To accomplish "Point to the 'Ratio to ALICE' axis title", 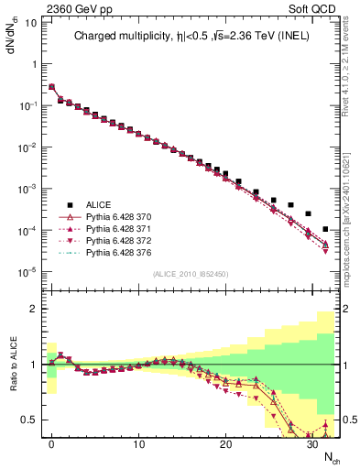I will [x=14, y=365].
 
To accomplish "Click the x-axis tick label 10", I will [x=138, y=443].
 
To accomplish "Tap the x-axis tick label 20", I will [x=225, y=443].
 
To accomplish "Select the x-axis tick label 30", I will [x=312, y=443].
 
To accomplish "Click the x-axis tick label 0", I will [x=51, y=443].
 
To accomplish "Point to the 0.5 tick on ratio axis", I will [x=32, y=420].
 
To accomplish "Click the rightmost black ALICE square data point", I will [x=325, y=229].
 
